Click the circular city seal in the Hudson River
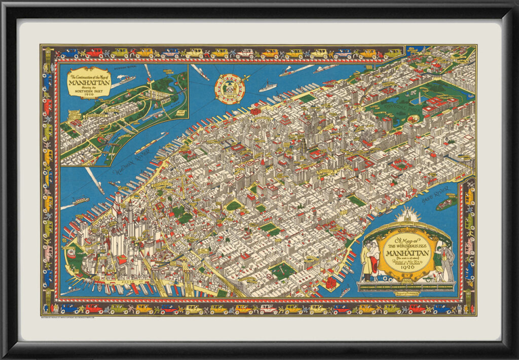[229, 89]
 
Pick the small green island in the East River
[446, 203]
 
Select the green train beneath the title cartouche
[405, 287]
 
